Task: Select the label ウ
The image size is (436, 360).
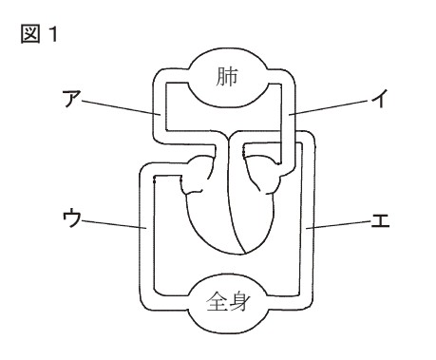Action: [x=67, y=219]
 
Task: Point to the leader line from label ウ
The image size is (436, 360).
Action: [x=111, y=225]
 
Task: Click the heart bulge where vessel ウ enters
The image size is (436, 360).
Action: [x=199, y=176]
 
